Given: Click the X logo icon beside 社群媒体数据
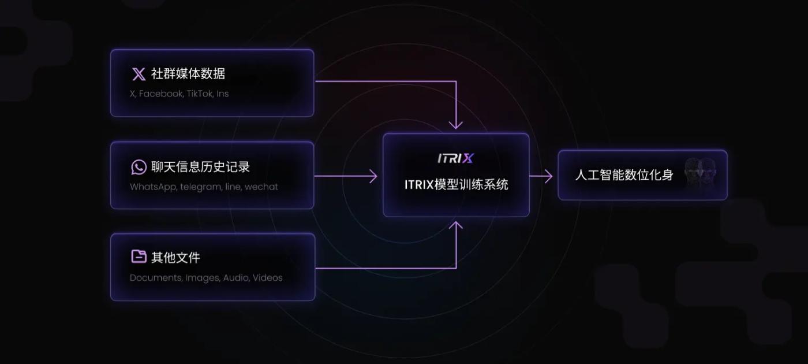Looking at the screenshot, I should pyautogui.click(x=139, y=74).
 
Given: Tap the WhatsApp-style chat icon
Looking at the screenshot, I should pyautogui.click(x=139, y=167).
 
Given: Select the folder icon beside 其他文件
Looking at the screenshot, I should pyautogui.click(x=139, y=257).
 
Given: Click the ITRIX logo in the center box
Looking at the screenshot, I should pyautogui.click(x=456, y=158).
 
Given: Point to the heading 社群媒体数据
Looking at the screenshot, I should pyautogui.click(x=188, y=74).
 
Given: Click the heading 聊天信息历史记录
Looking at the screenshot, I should pyautogui.click(x=200, y=167).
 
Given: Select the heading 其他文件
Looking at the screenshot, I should pyautogui.click(x=175, y=257).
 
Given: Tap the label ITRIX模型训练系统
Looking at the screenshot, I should pyautogui.click(x=456, y=185).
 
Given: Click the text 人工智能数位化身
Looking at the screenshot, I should pyautogui.click(x=624, y=175).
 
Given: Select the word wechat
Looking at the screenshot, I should pyautogui.click(x=261, y=187).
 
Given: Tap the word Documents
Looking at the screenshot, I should pyautogui.click(x=155, y=278).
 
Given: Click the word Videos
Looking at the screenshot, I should pyautogui.click(x=268, y=278).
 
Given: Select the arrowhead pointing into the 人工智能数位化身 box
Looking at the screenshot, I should pyautogui.click(x=549, y=176).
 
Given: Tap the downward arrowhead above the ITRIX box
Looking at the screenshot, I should pyautogui.click(x=456, y=124).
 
